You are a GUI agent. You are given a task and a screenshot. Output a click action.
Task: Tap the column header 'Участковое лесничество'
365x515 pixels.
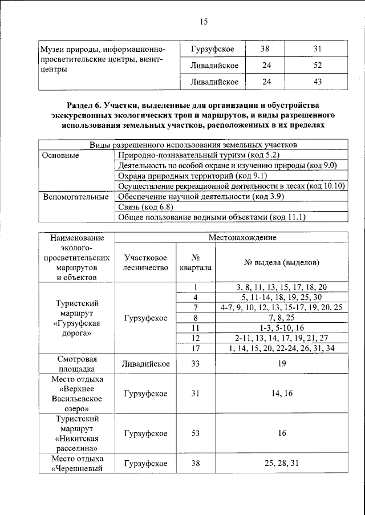pyautogui.click(x=145, y=262)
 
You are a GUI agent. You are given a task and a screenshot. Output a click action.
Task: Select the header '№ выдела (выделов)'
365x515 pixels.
pyautogui.click(x=281, y=262)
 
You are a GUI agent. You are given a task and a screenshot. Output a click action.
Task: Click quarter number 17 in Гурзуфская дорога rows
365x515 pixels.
pyautogui.click(x=195, y=348)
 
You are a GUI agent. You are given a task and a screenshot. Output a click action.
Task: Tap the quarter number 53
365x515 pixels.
pyautogui.click(x=195, y=433)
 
